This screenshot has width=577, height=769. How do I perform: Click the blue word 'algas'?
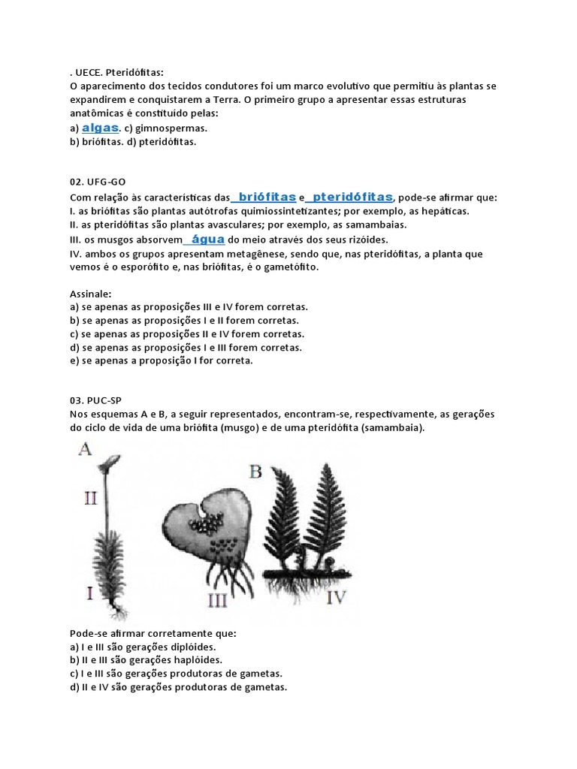pyautogui.click(x=101, y=127)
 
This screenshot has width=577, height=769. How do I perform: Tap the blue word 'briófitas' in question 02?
pyautogui.click(x=266, y=197)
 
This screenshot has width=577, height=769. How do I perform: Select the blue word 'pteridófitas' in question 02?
pyautogui.click(x=352, y=197)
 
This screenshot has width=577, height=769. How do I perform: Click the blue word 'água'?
pyautogui.click(x=208, y=239)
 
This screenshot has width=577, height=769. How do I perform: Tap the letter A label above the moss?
pyautogui.click(x=85, y=450)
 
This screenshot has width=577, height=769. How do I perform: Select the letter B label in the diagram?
pyautogui.click(x=255, y=472)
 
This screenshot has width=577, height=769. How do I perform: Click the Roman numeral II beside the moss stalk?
pyautogui.click(x=90, y=497)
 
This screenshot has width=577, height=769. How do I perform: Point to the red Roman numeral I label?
pyautogui.click(x=89, y=593)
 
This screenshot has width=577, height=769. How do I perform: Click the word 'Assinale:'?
pyautogui.click(x=90, y=294)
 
